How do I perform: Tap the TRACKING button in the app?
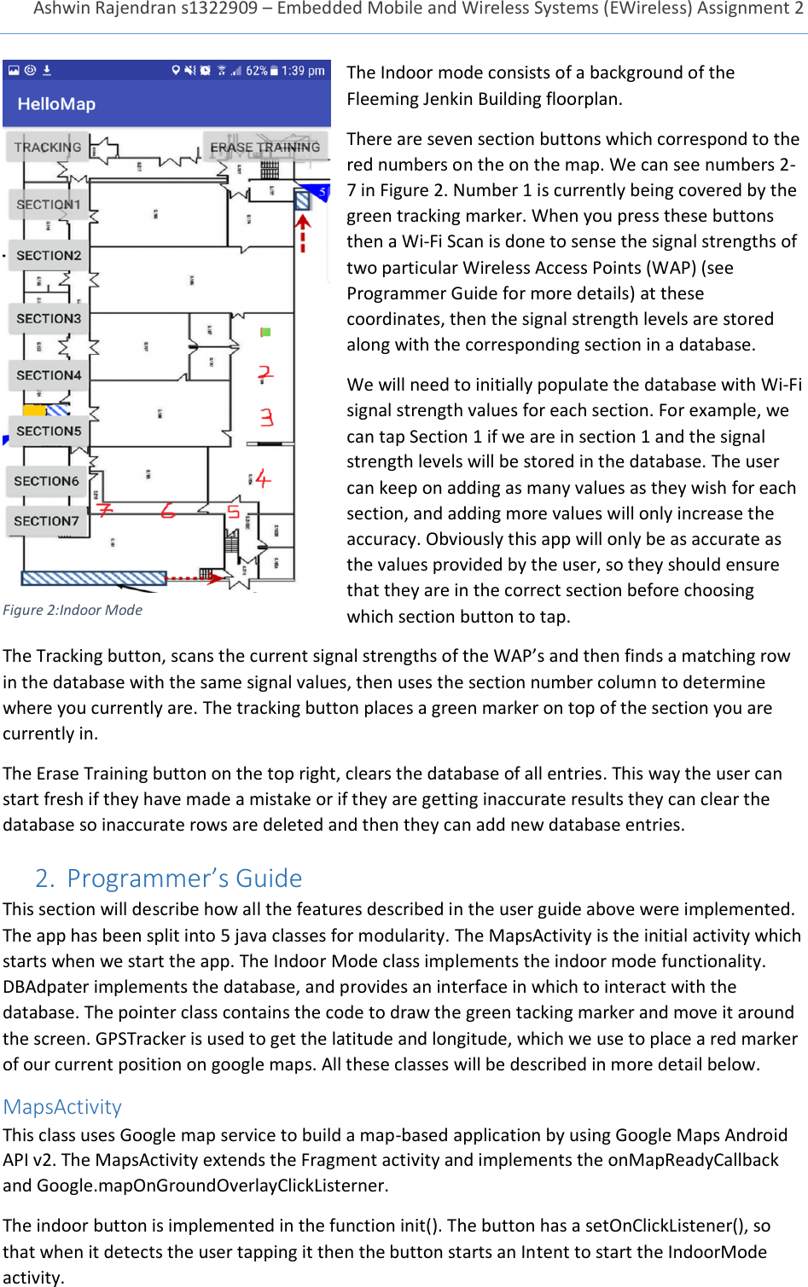(x=48, y=147)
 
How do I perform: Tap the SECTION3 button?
(x=49, y=318)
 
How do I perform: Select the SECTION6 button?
(x=47, y=481)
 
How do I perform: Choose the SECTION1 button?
(x=49, y=204)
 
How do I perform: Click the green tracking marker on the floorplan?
(x=265, y=332)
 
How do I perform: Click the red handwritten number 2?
(x=265, y=374)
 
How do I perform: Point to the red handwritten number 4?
(x=262, y=478)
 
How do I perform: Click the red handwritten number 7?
(x=104, y=509)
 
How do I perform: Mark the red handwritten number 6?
(x=168, y=510)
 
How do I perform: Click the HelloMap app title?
(x=56, y=104)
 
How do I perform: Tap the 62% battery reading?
(x=256, y=71)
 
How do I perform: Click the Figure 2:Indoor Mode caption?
(x=73, y=610)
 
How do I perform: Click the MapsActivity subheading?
(x=62, y=1106)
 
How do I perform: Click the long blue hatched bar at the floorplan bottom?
(x=94, y=577)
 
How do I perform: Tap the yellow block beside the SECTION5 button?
(x=35, y=410)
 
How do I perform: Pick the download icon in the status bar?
(x=47, y=71)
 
